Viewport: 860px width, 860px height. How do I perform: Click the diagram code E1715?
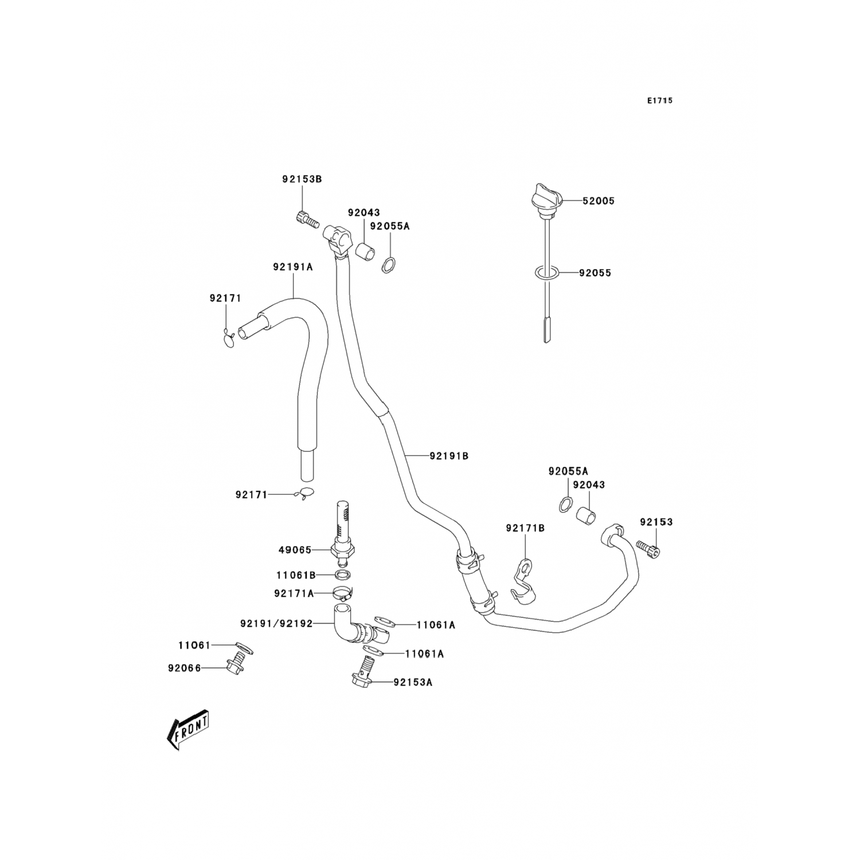[x=659, y=101]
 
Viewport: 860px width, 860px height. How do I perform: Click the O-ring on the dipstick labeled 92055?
[x=546, y=273]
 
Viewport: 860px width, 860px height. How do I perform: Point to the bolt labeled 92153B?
[x=307, y=219]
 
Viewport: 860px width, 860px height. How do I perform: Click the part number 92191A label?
[x=292, y=267]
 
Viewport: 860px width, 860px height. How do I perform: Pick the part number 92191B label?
[x=449, y=456]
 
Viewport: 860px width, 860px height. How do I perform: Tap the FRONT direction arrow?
[x=187, y=729]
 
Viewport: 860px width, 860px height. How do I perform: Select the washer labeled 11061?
[x=244, y=647]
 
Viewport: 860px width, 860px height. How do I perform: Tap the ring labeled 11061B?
[x=342, y=574]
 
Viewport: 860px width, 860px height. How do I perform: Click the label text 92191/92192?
[x=276, y=623]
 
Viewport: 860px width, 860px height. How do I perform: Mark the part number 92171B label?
[x=525, y=528]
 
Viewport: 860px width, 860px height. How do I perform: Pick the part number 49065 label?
[x=295, y=550]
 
